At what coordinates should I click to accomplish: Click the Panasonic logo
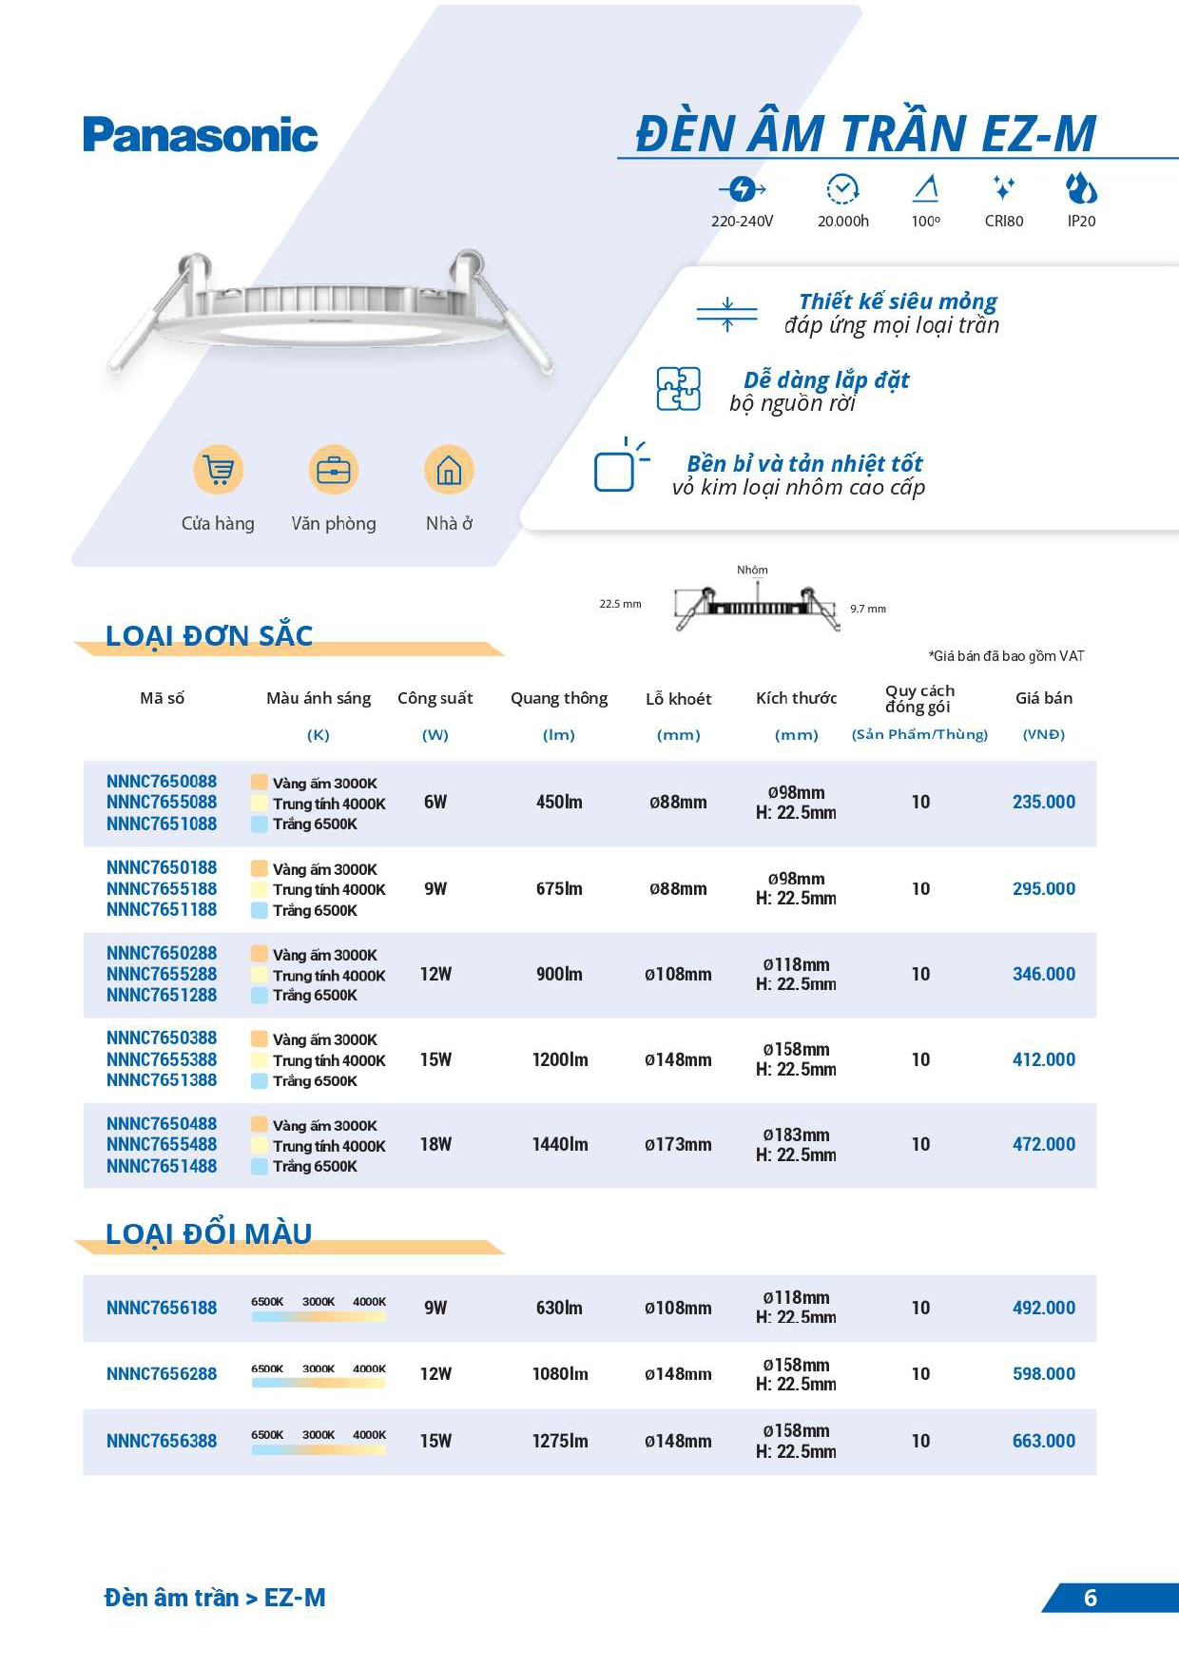pos(200,135)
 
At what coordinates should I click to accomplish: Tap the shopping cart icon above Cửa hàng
pos(219,470)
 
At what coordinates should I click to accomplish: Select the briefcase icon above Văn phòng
pos(334,470)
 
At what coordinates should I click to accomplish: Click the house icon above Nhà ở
pos(449,470)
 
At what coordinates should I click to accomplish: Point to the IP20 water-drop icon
pos(1081,189)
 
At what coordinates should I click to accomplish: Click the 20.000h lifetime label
pos(842,222)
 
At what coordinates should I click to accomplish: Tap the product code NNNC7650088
pos(162,782)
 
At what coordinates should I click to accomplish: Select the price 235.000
pos(1043,802)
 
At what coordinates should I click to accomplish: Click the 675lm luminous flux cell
pos(559,888)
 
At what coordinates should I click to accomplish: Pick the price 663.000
pos(1043,1441)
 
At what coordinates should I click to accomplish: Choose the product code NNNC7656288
pos(162,1374)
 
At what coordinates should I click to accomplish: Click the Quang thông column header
pos(559,698)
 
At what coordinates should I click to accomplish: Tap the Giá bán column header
pos(1043,698)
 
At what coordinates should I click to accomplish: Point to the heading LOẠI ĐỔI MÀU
pos(208,1233)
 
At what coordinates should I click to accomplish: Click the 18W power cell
pos(435,1144)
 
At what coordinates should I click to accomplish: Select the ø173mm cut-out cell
pos(678,1144)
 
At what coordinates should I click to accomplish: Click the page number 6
pos(1091,1598)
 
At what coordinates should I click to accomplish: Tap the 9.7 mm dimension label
pos(867,609)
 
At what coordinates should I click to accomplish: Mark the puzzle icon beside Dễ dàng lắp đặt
pos(679,389)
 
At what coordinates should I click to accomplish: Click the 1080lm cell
pos(559,1374)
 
